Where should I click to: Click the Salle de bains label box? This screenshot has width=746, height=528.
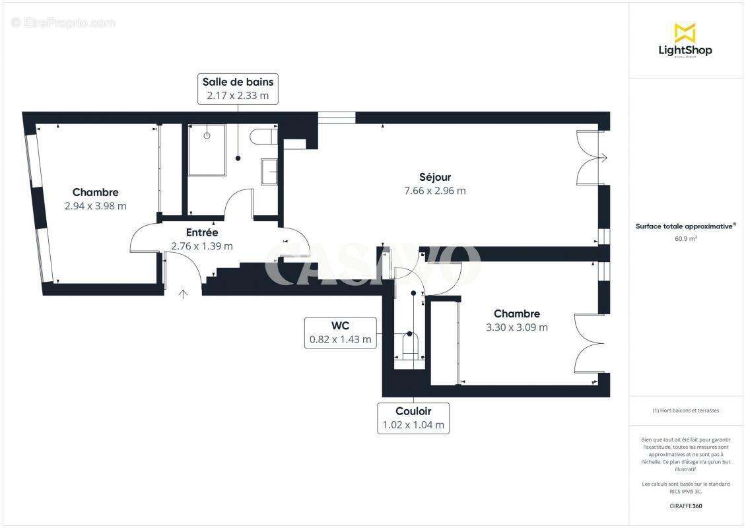(238, 88)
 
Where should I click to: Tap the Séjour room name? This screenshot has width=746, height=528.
(435, 177)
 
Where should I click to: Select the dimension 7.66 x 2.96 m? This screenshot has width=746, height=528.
(435, 191)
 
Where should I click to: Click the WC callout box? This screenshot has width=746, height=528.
(340, 333)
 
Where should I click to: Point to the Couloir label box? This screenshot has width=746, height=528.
(413, 418)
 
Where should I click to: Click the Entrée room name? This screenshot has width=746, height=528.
(202, 232)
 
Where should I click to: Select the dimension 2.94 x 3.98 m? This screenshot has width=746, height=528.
(96, 206)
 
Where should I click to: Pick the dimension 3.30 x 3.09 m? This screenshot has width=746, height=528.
(517, 327)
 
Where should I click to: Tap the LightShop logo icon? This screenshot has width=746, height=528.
(685, 32)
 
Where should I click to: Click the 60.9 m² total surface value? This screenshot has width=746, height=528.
(685, 239)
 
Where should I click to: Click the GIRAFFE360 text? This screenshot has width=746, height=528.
(685, 506)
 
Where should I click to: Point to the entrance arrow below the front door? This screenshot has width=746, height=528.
(183, 294)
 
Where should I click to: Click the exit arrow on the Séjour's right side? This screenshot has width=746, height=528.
(603, 157)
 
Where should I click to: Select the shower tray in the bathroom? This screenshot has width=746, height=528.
(207, 150)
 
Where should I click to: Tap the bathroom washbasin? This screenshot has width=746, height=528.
(269, 172)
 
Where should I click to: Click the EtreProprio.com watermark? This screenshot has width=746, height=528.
(63, 23)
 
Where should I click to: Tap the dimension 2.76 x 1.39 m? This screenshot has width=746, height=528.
(202, 246)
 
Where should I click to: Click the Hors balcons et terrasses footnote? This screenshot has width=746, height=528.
(685, 411)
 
